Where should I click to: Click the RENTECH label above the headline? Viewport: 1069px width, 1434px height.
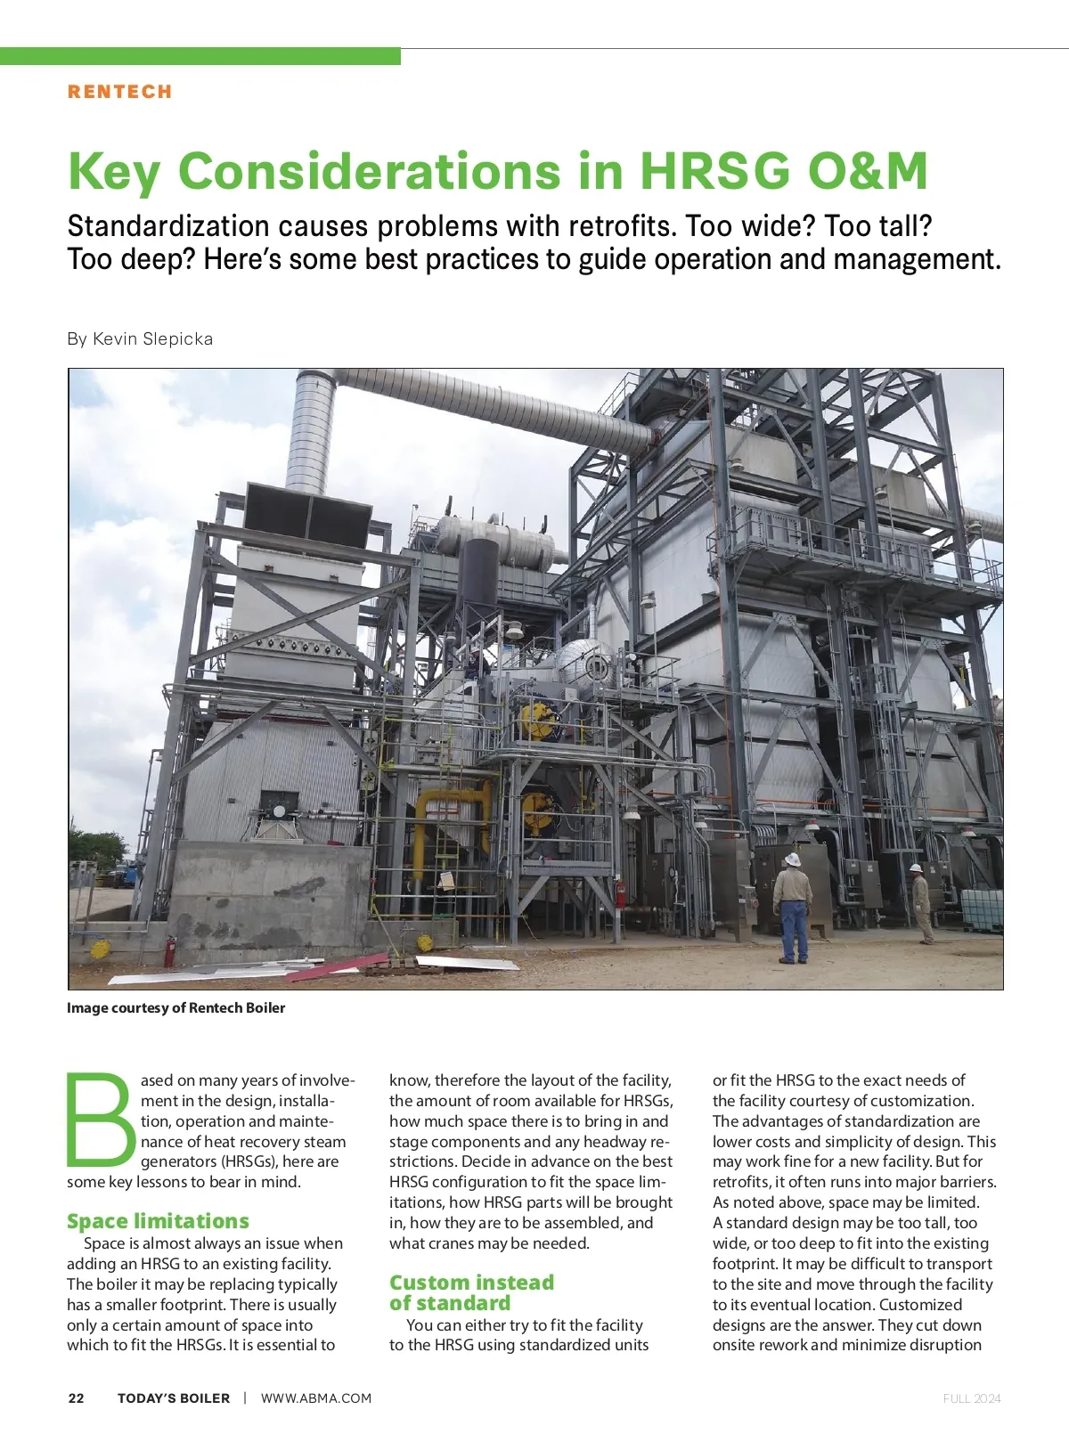pyautogui.click(x=119, y=92)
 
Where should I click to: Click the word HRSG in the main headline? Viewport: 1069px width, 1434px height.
pyautogui.click(x=714, y=171)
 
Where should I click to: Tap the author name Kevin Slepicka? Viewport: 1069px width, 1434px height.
pyautogui.click(x=152, y=338)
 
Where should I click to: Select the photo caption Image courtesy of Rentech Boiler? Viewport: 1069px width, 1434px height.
pyautogui.click(x=175, y=1007)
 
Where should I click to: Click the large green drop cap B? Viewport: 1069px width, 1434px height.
pyautogui.click(x=100, y=1120)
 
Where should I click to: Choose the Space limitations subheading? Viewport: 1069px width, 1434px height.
pyautogui.click(x=158, y=1220)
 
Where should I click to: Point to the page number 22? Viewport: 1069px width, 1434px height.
pyautogui.click(x=77, y=1397)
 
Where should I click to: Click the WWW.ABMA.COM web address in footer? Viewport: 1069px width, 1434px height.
pyautogui.click(x=316, y=1397)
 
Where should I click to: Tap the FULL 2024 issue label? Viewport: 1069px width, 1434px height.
pyautogui.click(x=972, y=1398)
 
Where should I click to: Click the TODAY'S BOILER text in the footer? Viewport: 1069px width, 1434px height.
pyautogui.click(x=174, y=1397)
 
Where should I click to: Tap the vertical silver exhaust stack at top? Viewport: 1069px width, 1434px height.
pyautogui.click(x=311, y=428)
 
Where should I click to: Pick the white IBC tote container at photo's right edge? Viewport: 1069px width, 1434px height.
pyautogui.click(x=983, y=908)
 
